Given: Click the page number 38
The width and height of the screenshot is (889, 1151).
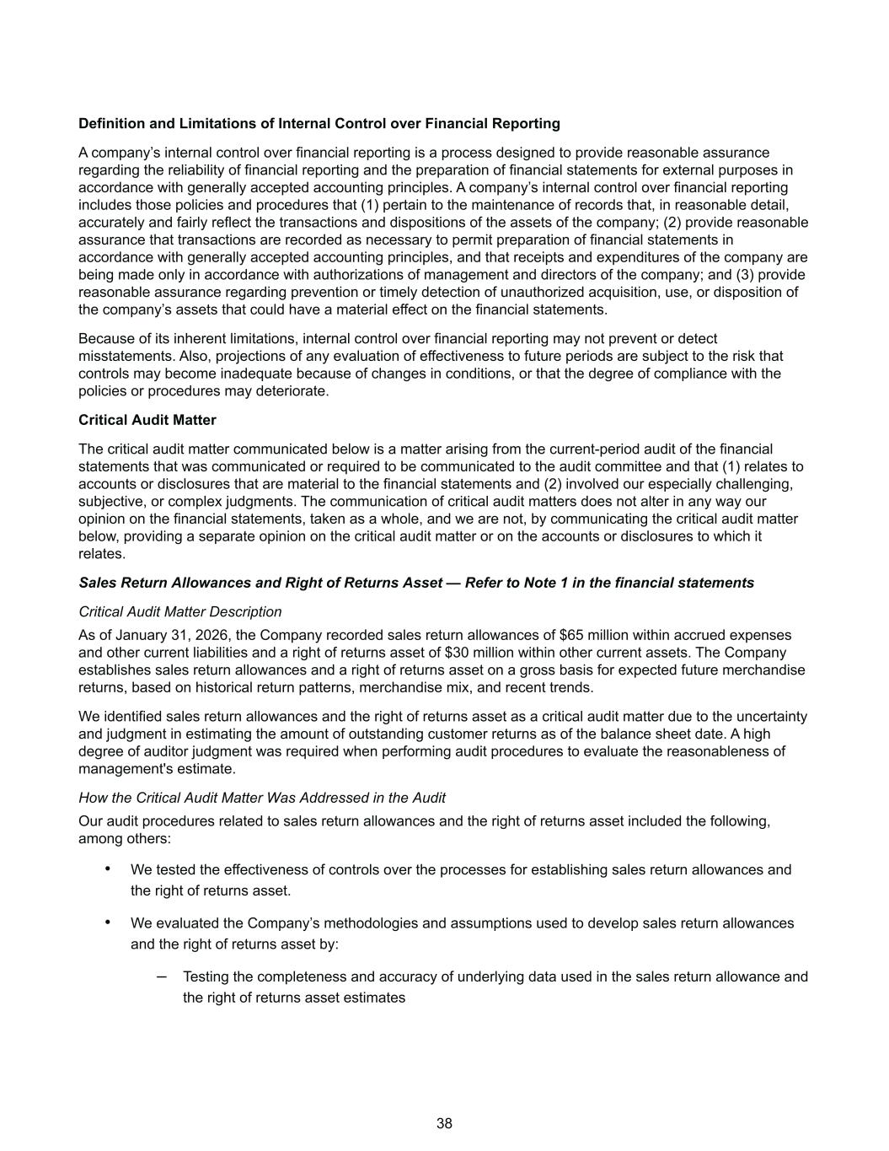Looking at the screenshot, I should [444, 1123].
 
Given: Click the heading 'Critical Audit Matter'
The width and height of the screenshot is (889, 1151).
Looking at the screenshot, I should [147, 420].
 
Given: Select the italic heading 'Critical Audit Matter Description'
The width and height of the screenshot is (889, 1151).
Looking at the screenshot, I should [179, 611].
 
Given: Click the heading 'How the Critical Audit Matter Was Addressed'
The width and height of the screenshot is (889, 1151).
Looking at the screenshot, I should [261, 797].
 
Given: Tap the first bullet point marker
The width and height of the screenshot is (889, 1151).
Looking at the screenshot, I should [107, 868].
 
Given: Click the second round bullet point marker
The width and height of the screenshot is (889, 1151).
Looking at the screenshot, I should [107, 922].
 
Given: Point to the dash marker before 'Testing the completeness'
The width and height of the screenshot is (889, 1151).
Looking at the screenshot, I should [161, 976].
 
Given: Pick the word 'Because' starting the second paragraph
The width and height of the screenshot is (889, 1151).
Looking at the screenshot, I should [104, 338].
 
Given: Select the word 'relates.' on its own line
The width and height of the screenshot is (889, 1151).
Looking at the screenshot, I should [102, 554].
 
